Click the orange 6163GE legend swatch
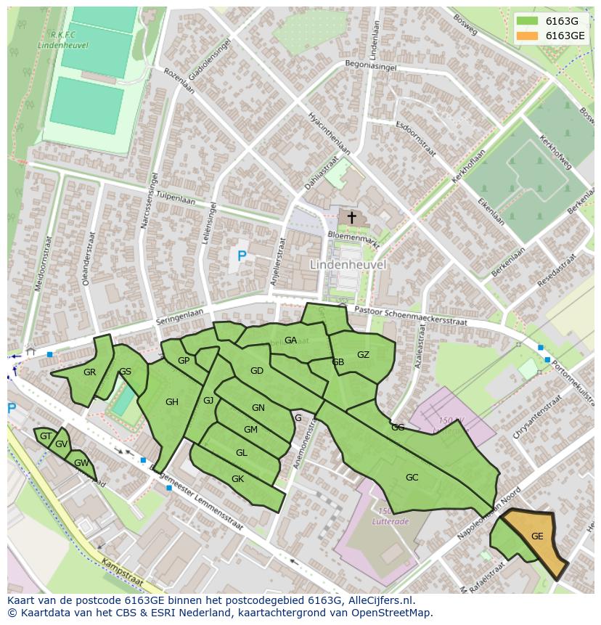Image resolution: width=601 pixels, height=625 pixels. pos(528,35)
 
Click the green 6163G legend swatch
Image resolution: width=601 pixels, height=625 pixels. pos(528,20)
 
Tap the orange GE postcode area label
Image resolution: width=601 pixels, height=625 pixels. pos(537,536)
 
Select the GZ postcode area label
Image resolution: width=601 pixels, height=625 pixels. pos(363,355)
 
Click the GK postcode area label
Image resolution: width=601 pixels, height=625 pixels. pos(237,479)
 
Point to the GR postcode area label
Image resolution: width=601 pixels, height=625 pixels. pos(89,372)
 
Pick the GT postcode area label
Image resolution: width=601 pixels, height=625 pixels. pos(46,436)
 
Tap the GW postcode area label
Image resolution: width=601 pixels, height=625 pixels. pos(81,463)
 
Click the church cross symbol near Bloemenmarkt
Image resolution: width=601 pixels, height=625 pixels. pos(352,217)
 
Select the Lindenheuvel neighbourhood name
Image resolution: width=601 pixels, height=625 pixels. pos(348,265)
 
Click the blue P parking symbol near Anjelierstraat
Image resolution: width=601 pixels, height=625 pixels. pos(242,256)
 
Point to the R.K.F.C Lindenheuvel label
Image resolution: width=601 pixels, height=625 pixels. pos(62,39)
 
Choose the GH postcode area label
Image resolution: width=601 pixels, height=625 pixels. pos(172,402)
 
